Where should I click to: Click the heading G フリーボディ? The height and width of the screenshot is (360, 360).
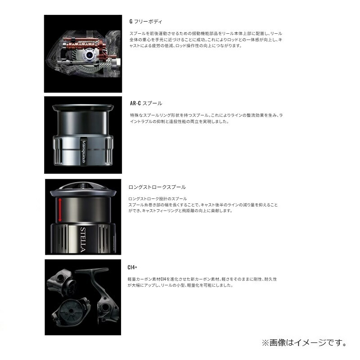tap(146, 21)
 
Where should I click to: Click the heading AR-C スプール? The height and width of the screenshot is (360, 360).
tap(146, 103)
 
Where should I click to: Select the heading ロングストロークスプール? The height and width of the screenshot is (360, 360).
tap(157, 187)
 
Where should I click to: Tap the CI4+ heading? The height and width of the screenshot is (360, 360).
tap(133, 267)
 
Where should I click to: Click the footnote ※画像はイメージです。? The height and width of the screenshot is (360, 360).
tap(304, 343)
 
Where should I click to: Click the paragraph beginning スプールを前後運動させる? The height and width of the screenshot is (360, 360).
tap(205, 40)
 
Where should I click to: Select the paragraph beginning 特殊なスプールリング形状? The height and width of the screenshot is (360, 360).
tap(205, 119)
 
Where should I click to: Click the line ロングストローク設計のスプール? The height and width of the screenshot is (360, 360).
tap(157, 199)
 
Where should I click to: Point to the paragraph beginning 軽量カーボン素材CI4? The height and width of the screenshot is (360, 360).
tap(202, 282)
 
